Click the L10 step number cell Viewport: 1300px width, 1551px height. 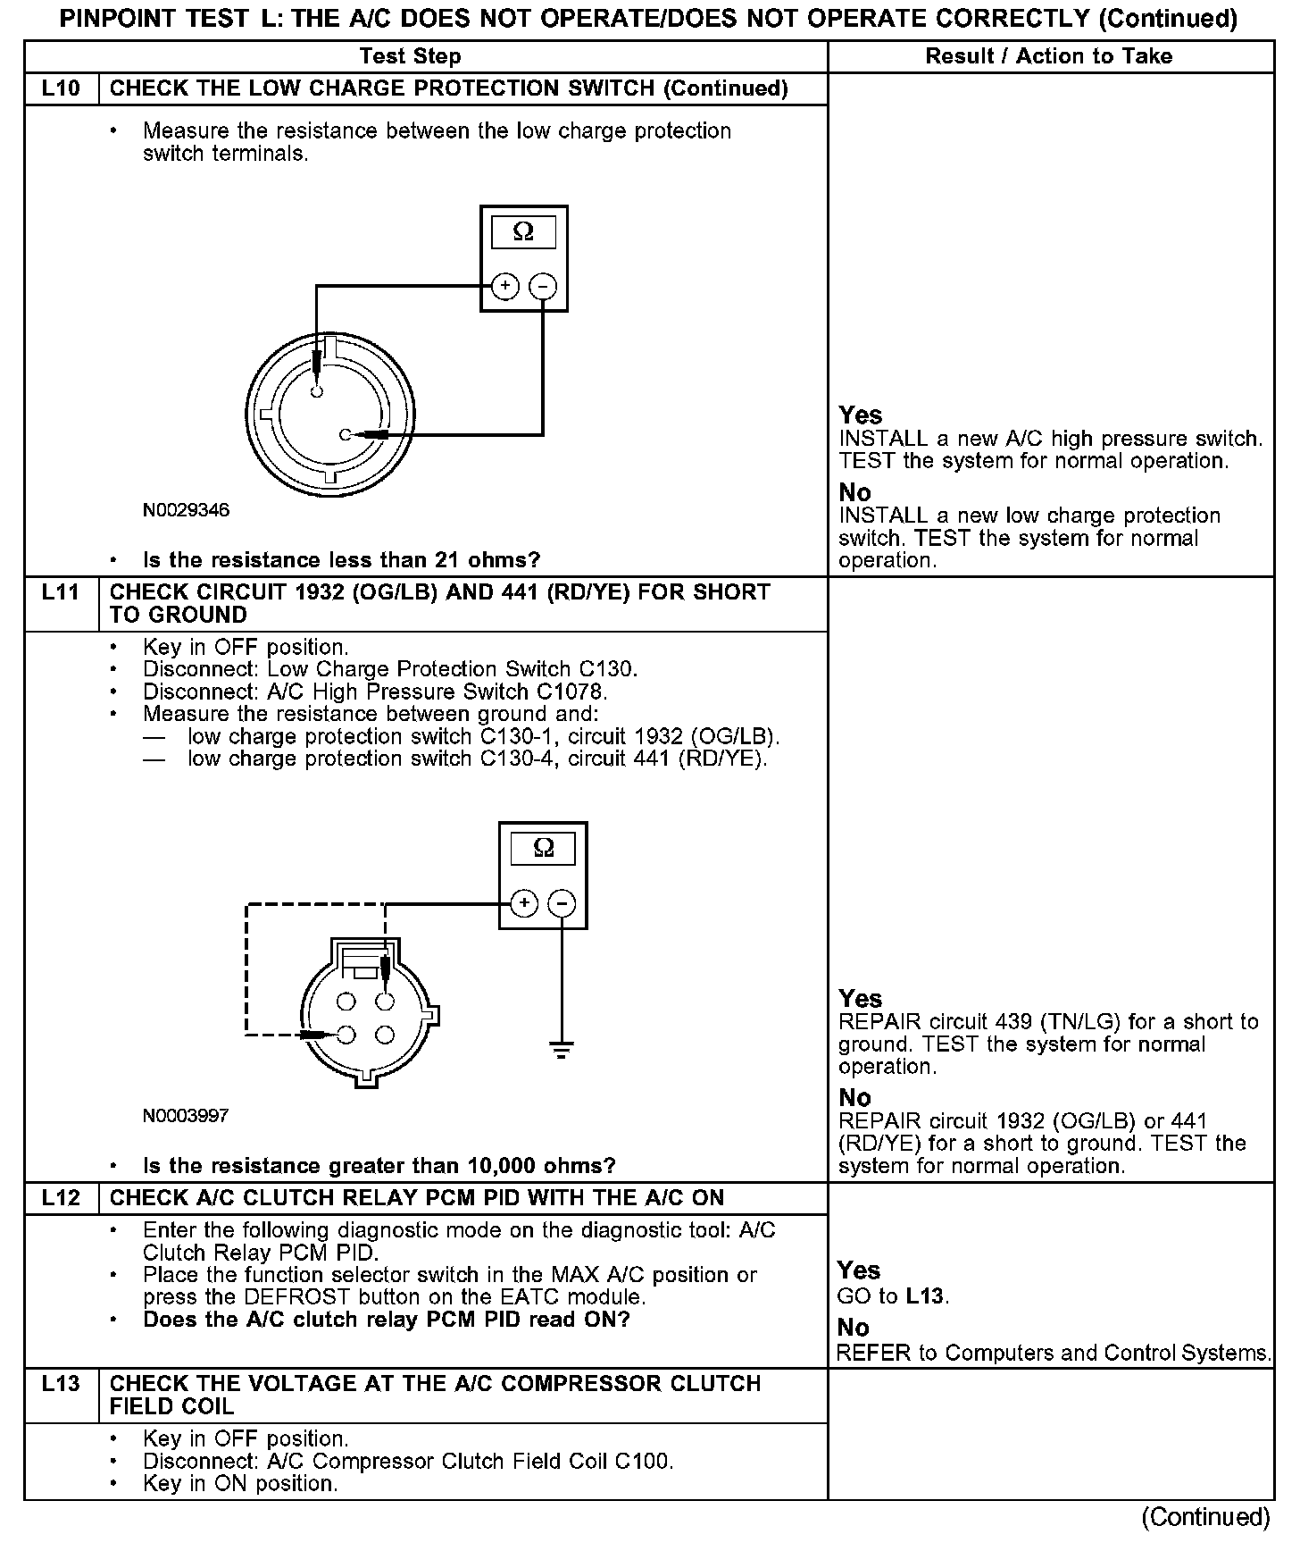[61, 88]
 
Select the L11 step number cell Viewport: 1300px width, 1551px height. [61, 592]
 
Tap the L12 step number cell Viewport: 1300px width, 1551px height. [61, 1198]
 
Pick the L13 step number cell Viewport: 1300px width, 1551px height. [61, 1384]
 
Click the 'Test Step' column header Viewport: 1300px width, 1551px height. [410, 56]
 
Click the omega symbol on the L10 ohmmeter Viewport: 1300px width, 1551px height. [524, 232]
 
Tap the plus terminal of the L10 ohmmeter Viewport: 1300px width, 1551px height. [504, 286]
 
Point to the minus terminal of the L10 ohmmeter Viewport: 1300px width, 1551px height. [543, 286]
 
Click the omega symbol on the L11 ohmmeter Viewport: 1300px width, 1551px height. [543, 848]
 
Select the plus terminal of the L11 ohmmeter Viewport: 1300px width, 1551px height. [524, 903]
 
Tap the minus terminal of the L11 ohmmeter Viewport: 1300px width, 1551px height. [562, 903]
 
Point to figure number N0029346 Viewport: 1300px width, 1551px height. [186, 510]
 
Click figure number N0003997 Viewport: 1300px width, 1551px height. [186, 1116]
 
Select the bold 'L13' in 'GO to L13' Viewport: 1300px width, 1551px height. [926, 1296]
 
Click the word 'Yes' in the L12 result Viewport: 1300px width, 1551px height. [859, 1270]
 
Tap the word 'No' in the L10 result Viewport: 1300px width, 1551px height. [854, 492]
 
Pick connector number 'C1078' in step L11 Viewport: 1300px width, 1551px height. [577, 692]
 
